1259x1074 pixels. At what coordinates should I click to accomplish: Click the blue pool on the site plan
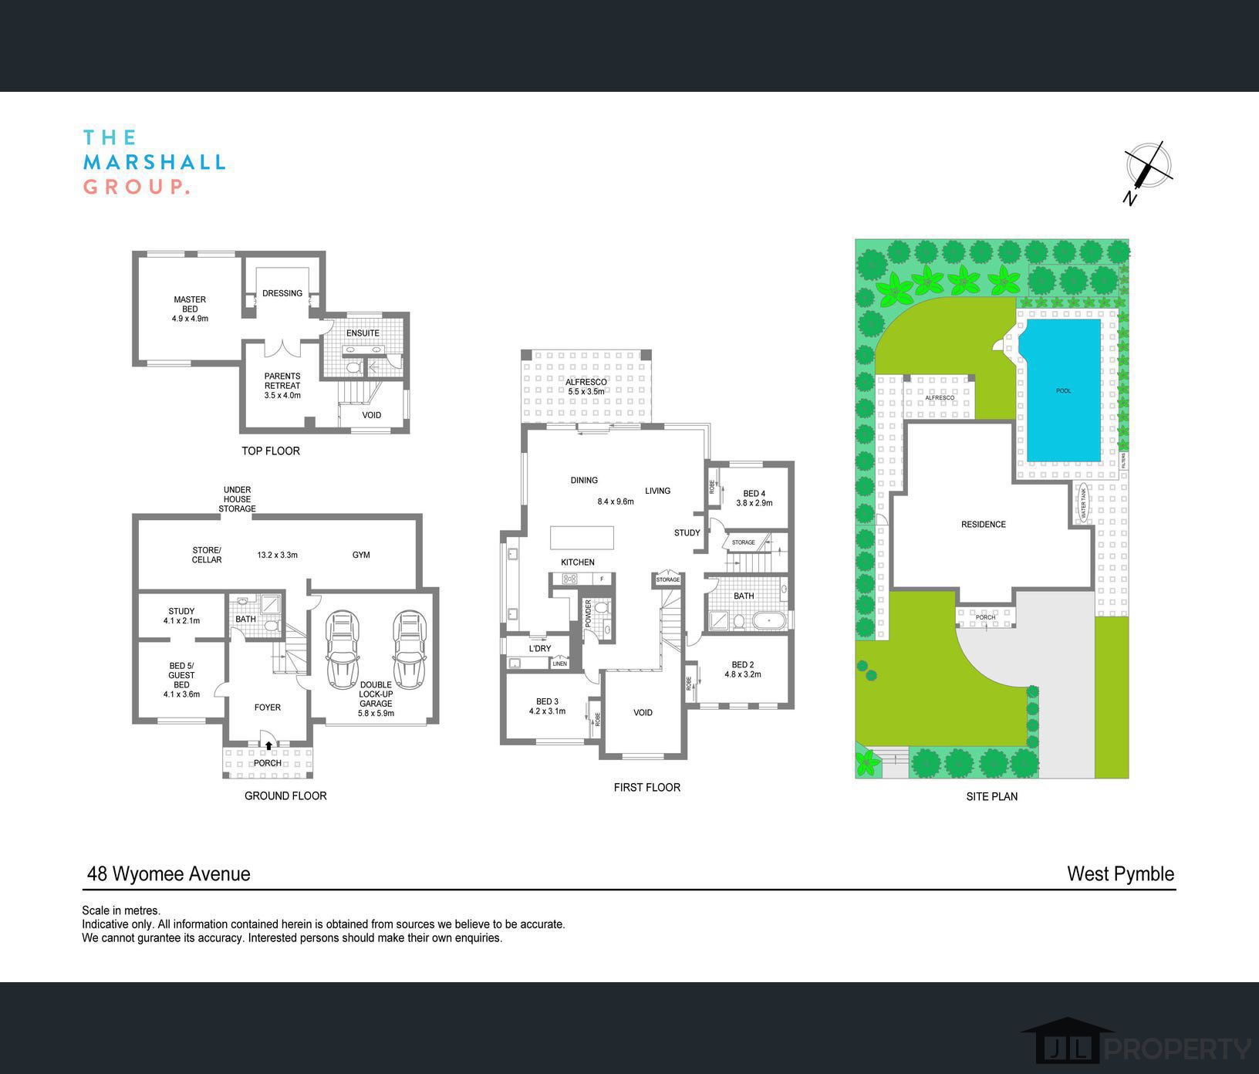click(x=1062, y=390)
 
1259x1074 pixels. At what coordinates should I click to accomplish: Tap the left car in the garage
click(x=343, y=649)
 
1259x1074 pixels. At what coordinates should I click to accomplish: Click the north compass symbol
click(x=1148, y=171)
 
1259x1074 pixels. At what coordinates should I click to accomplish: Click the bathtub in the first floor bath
click(x=768, y=620)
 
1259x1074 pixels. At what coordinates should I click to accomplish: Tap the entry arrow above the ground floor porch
click(x=268, y=745)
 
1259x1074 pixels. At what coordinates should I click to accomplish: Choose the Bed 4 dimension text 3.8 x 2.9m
click(x=754, y=503)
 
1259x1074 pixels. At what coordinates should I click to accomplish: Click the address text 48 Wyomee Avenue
click(x=169, y=873)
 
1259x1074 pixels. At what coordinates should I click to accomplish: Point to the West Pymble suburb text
click(x=1120, y=873)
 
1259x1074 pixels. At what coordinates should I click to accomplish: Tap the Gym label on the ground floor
click(x=361, y=555)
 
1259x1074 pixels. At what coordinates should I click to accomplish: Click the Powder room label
click(x=588, y=613)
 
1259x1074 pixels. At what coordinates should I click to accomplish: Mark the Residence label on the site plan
click(x=983, y=525)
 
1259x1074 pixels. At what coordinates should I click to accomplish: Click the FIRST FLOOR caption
click(x=646, y=787)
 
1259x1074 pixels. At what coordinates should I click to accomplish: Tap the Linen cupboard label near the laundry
click(x=559, y=664)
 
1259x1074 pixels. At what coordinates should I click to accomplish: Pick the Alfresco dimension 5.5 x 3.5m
click(x=586, y=392)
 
